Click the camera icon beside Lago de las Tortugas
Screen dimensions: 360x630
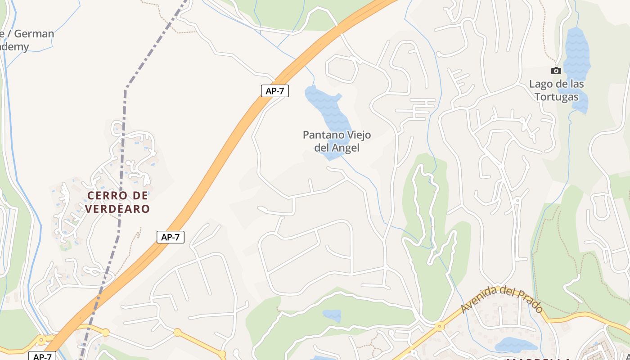[x=556, y=71]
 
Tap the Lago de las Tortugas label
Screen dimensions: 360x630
[x=556, y=90]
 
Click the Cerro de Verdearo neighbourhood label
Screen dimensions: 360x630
[x=117, y=202]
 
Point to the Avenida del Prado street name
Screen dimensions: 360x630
[x=501, y=299]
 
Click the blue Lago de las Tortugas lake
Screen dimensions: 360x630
[x=577, y=54]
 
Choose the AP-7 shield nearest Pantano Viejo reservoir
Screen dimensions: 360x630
[x=274, y=91]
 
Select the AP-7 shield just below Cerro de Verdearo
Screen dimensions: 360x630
[x=171, y=237]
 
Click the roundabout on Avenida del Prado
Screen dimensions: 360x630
[x=439, y=326]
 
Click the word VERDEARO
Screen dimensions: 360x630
[x=117, y=209]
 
